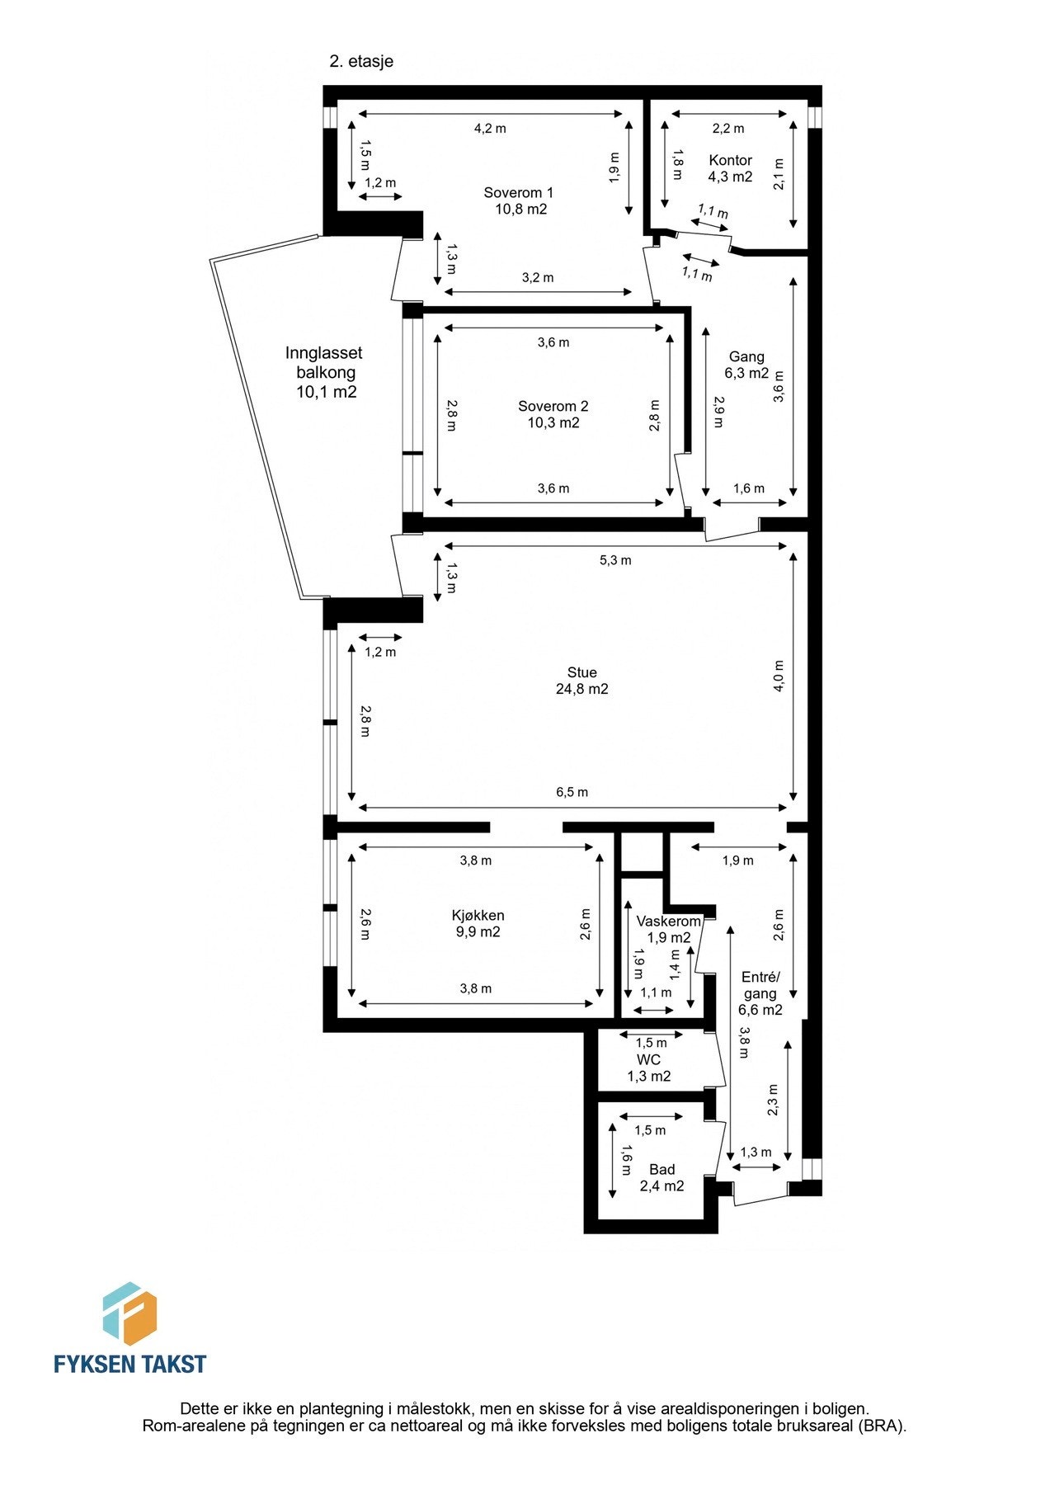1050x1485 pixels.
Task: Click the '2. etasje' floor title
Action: point(361,61)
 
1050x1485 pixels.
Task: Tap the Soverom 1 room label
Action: point(519,200)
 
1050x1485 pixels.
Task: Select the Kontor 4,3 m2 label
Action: point(730,168)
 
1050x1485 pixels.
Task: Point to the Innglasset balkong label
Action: point(325,372)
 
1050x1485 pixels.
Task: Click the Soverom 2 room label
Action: point(553,414)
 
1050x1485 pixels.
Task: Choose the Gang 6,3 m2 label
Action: point(746,365)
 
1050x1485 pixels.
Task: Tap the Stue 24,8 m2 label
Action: point(582,681)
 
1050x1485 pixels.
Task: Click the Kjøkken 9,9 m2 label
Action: point(478,923)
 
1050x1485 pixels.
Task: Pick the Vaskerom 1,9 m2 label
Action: point(668,929)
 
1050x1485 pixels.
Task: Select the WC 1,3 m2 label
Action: point(648,1068)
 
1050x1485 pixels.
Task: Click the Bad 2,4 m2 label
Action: point(662,1177)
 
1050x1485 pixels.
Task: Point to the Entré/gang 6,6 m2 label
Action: point(760,993)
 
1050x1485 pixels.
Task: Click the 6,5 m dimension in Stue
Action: point(572,792)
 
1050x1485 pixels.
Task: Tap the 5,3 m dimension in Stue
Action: point(614,560)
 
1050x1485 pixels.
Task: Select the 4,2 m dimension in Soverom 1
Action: point(490,128)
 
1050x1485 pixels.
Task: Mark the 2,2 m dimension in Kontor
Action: point(727,128)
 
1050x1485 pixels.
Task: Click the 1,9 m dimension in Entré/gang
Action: point(737,860)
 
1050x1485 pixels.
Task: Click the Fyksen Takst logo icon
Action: point(129,1314)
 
